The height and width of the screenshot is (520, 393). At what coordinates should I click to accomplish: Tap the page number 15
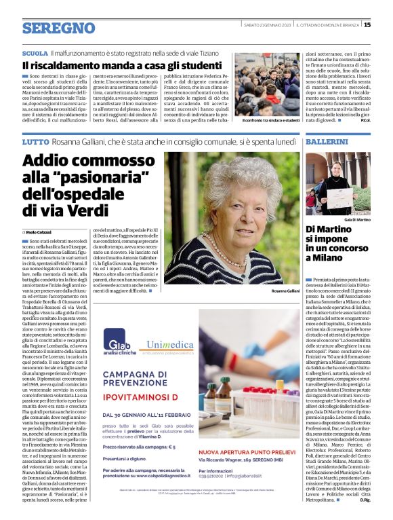[x=367, y=25]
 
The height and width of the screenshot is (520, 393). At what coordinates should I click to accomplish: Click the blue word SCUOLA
[x=35, y=52]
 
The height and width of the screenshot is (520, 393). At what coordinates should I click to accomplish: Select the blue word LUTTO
[x=35, y=142]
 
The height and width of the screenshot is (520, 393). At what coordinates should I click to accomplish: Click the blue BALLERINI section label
[x=327, y=142]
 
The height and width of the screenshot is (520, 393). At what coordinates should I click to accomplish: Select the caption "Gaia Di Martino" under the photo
[x=357, y=220]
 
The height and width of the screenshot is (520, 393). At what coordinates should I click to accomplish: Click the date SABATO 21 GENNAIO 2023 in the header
[x=267, y=25]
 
